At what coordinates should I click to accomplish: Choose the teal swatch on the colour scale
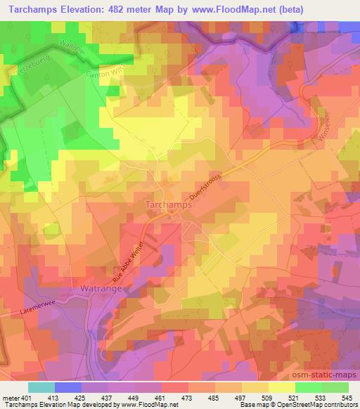(41, 387)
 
